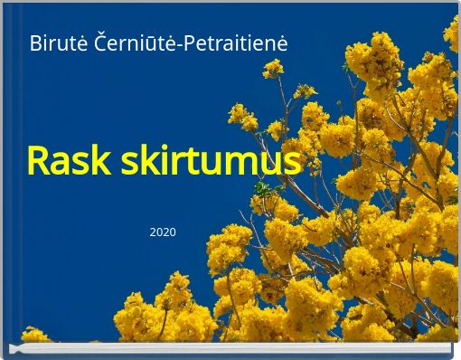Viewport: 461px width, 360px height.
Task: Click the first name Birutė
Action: (x=52, y=43)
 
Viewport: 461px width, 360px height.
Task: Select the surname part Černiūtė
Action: (x=130, y=43)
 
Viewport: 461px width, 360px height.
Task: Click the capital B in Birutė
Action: (x=34, y=43)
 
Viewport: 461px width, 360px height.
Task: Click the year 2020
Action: (x=163, y=233)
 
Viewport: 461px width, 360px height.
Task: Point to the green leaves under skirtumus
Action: (x=263, y=188)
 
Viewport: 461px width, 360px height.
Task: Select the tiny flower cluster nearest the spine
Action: (x=35, y=335)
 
